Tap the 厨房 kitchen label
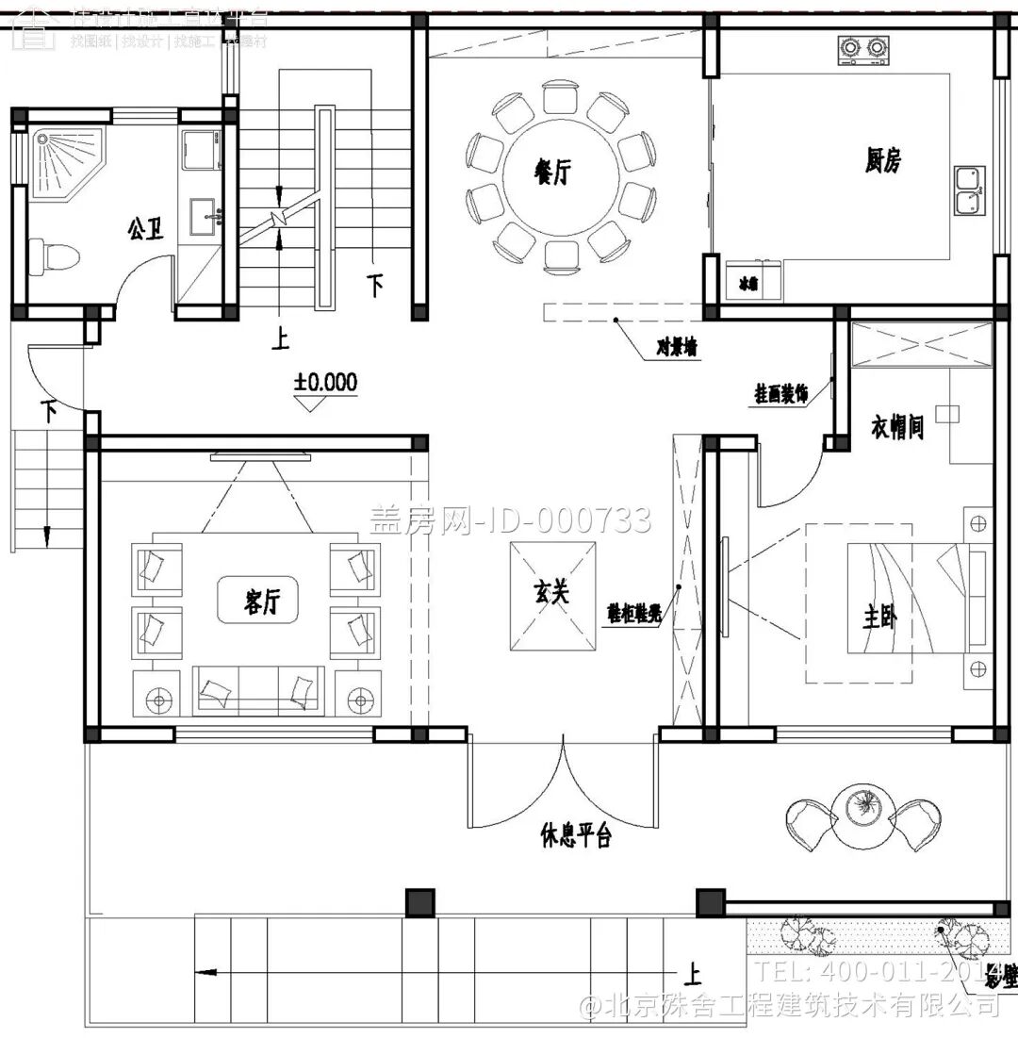882,161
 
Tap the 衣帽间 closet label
895,429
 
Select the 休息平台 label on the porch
576,834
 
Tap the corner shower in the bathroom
67,159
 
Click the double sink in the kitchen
968,189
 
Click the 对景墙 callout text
677,348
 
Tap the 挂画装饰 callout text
781,393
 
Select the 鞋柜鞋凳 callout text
633,612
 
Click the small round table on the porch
861,808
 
